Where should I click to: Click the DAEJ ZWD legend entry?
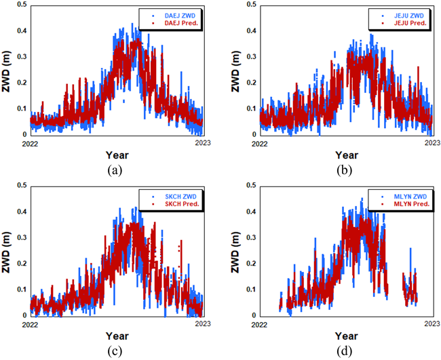174,14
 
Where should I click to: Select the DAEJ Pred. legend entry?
174,23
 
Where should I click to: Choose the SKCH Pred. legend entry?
174,204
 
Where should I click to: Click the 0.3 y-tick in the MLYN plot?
250,237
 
